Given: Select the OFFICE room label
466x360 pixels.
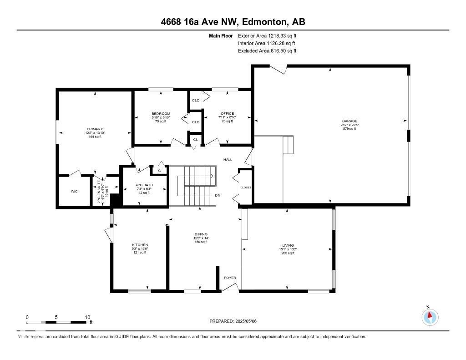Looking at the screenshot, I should click(227, 113).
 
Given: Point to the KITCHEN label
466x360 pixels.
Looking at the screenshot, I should click(140, 245).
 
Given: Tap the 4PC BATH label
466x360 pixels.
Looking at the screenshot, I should click(144, 185).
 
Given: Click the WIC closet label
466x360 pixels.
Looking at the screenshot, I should click(74, 191).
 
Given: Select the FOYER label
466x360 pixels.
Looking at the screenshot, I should click(229, 278).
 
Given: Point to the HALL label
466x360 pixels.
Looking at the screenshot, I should click(228, 160).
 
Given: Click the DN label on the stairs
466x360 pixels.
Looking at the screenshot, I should click(218, 195).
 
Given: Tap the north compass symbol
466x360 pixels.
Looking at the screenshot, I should click(430, 316).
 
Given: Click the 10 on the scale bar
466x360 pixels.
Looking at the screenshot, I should click(87, 317).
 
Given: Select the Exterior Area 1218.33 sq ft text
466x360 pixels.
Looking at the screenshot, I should click(267, 35).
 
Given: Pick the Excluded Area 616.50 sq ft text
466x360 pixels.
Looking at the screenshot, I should click(267, 51).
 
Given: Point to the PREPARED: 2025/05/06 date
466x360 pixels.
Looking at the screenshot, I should click(233, 321).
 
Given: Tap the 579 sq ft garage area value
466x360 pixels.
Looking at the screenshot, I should click(349, 129).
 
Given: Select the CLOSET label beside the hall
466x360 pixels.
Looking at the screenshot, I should click(246, 188).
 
